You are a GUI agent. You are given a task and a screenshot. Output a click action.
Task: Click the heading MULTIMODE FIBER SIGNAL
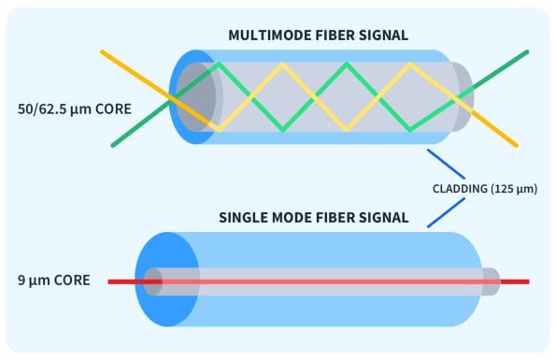(x=318, y=36)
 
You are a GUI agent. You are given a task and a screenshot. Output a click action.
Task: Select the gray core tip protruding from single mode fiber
(x=491, y=281)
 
